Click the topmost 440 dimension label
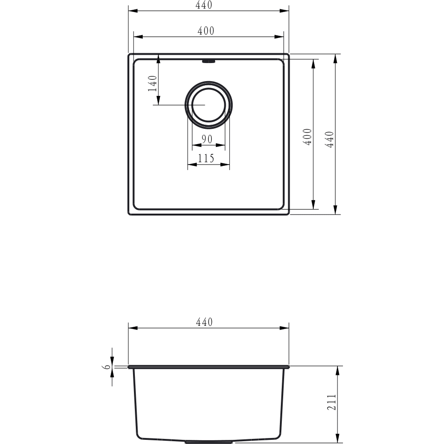[x=203, y=5]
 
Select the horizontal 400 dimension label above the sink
[x=206, y=31]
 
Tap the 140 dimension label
[x=152, y=83]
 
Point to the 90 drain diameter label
[x=207, y=139]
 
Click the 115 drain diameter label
[x=206, y=159]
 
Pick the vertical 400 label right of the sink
[x=308, y=137]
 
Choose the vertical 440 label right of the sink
[x=330, y=140]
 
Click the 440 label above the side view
[x=204, y=322]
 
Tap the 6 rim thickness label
[x=107, y=367]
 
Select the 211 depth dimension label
[x=331, y=402]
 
